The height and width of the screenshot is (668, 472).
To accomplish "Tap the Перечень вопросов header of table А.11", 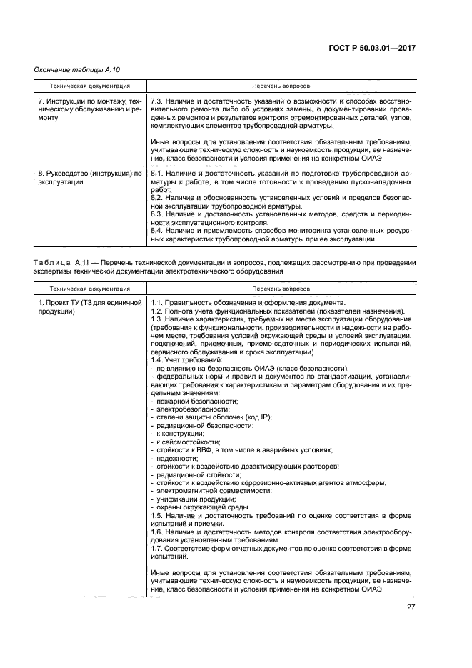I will (281, 289).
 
